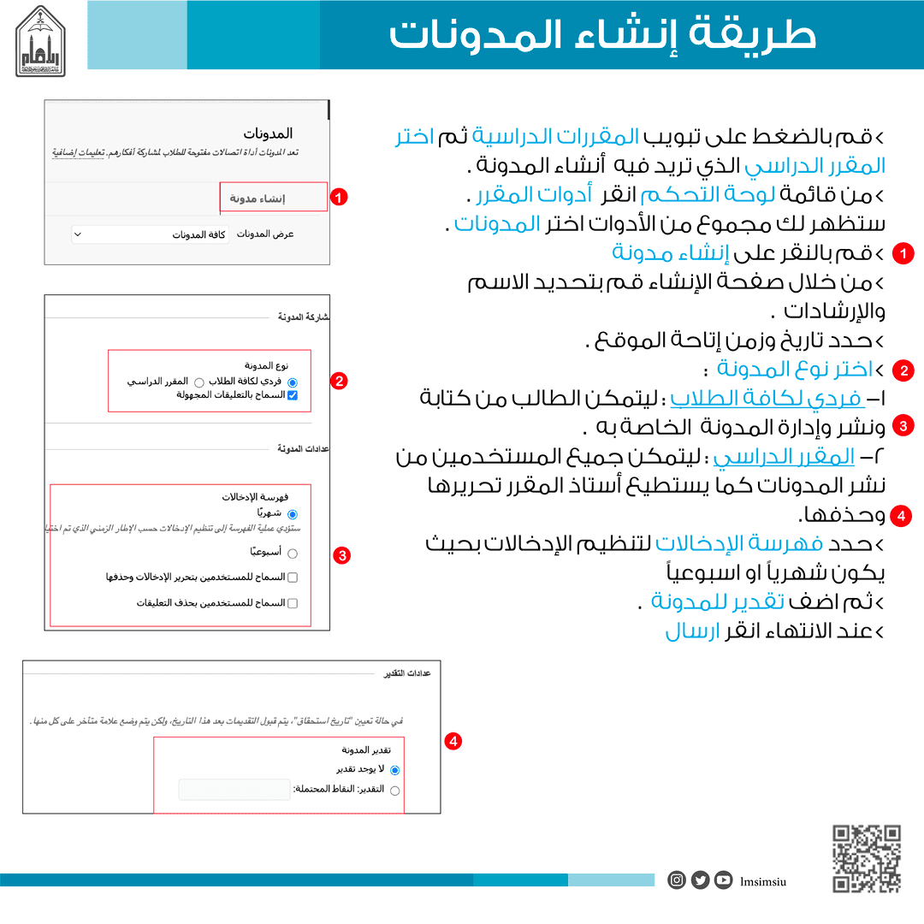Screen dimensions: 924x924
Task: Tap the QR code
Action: tap(867, 858)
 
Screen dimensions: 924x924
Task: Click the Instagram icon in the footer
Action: tap(677, 880)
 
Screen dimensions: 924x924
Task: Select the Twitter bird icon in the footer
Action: tap(700, 880)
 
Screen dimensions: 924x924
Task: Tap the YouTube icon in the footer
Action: tap(724, 880)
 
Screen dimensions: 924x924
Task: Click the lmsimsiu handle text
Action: tap(763, 880)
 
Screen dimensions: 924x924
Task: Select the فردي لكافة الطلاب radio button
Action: tap(293, 382)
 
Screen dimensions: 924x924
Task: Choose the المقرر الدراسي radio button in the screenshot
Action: tap(198, 382)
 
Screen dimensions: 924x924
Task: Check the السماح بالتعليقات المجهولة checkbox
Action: tap(293, 395)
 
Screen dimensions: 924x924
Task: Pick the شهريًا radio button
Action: tap(293, 514)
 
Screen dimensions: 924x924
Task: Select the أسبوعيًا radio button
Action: tap(293, 554)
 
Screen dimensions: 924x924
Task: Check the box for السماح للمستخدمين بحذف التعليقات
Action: tap(293, 603)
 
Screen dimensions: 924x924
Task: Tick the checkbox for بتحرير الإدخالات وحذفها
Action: tap(293, 577)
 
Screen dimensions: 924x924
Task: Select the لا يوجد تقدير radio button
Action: tap(394, 770)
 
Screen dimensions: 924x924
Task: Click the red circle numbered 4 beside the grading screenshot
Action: tap(453, 741)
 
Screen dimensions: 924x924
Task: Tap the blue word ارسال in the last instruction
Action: tap(691, 632)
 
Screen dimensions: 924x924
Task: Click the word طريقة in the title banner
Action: tap(765, 36)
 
